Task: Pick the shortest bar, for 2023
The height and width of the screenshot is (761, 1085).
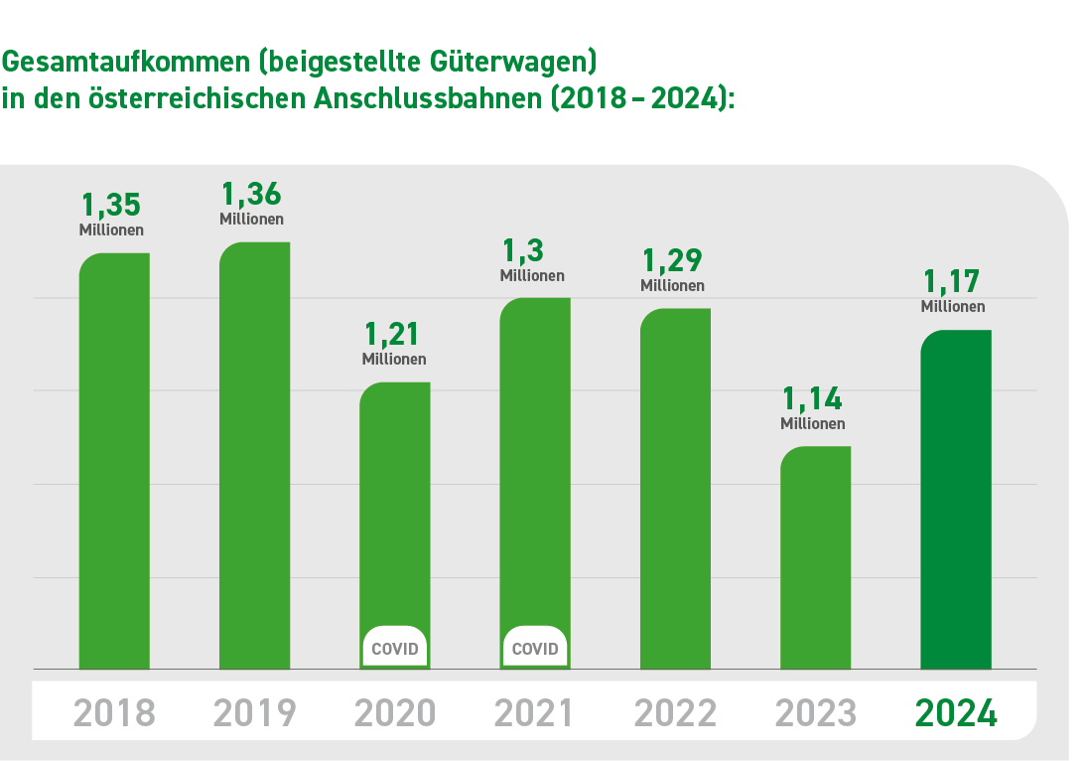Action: [x=815, y=557]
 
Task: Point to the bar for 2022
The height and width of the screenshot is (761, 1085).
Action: [x=675, y=488]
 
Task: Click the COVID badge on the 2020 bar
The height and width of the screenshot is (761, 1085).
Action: [x=394, y=650]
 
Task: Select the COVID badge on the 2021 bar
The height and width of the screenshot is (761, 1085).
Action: [x=535, y=650]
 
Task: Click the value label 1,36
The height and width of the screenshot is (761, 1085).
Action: [x=251, y=194]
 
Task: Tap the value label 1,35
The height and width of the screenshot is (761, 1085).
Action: [x=111, y=205]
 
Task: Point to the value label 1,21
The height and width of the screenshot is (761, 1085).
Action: [x=394, y=333]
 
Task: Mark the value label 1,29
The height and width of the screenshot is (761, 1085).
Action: [x=672, y=260]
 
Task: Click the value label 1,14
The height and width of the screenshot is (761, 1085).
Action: [x=812, y=398]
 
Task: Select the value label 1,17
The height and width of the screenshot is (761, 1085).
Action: [x=952, y=281]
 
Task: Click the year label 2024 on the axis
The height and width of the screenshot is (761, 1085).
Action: [x=955, y=713]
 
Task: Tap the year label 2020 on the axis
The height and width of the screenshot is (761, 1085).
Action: [x=394, y=713]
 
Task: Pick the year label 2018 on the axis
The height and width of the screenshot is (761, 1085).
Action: [x=114, y=713]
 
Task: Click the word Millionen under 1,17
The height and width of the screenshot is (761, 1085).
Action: [x=953, y=307]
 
